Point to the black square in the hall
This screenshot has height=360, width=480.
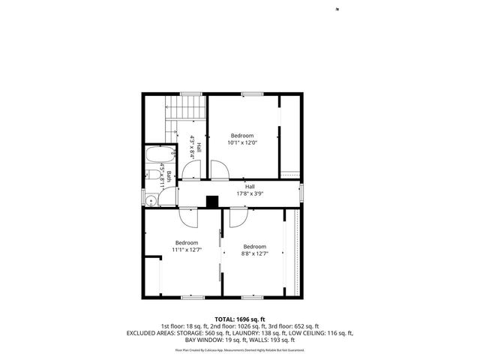click(x=212, y=201)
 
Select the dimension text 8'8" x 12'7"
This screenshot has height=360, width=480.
click(x=254, y=253)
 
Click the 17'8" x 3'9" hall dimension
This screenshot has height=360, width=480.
click(x=250, y=193)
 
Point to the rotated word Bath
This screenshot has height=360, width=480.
click(x=169, y=178)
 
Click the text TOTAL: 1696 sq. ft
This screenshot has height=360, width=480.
click(x=240, y=319)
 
